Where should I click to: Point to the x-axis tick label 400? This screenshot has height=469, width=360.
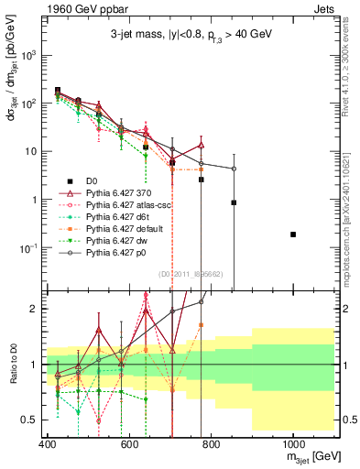point(47,444)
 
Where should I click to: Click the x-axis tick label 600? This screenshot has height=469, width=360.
point(129,444)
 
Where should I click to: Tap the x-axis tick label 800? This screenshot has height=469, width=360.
point(211,444)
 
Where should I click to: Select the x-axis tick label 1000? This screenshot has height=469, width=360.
point(292,444)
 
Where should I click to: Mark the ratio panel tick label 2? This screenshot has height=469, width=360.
point(34,309)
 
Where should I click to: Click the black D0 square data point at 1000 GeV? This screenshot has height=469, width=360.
point(293,234)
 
